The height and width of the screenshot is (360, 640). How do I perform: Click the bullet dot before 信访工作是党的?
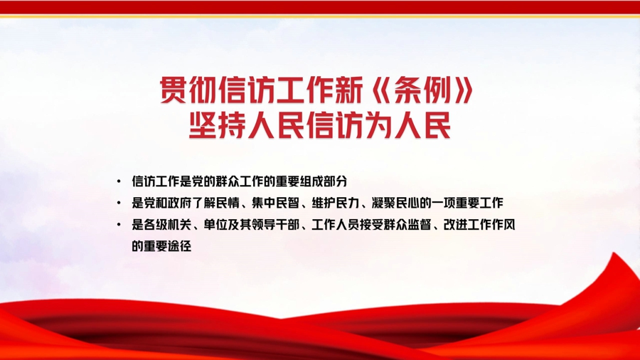[119, 181]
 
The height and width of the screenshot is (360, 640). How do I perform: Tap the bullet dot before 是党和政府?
[119, 203]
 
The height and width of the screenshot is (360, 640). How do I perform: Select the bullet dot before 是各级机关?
[119, 224]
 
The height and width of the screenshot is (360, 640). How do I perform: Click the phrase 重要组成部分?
[311, 181]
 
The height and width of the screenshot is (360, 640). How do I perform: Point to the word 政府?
[180, 203]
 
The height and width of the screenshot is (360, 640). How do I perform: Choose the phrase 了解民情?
[215, 203]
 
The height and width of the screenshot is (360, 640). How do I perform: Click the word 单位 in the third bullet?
[215, 225]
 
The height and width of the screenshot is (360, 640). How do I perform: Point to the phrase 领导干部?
[275, 225]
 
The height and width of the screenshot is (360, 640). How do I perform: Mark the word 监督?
[419, 225]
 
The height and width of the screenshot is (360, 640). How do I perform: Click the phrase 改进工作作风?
[479, 225]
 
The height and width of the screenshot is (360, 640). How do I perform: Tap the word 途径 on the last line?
[179, 246]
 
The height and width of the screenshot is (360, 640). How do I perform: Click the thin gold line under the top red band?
[320, 17]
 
